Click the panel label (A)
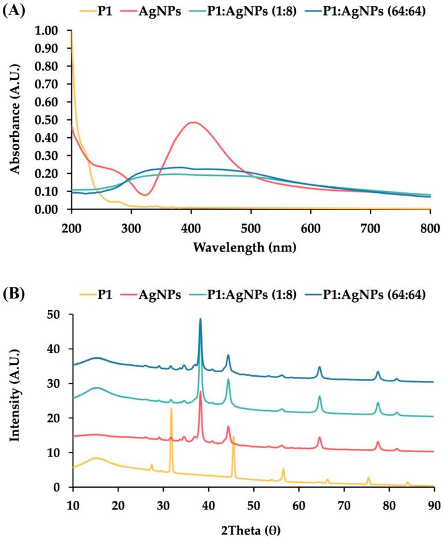pos(13,11)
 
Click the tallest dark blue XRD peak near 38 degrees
pos(200,319)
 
